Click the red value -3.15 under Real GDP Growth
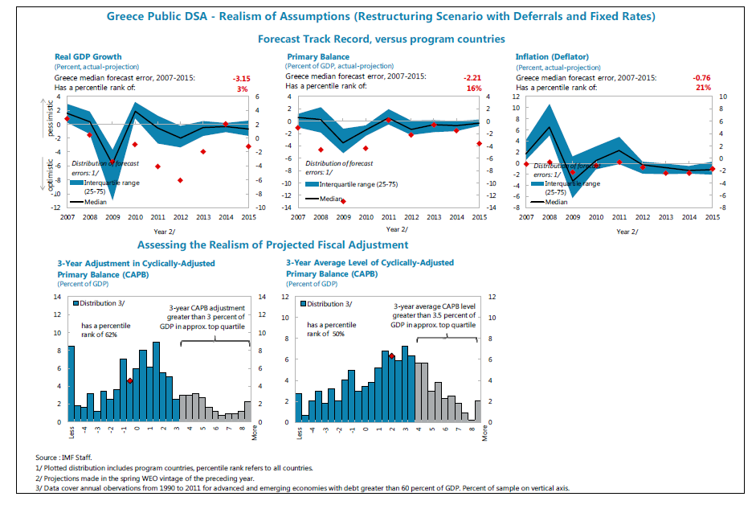click(x=242, y=79)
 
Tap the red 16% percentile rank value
click(x=474, y=88)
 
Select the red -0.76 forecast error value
click(x=701, y=78)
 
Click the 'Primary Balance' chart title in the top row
click(x=318, y=56)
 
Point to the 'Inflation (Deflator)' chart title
click(x=552, y=56)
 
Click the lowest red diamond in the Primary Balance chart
click(x=343, y=201)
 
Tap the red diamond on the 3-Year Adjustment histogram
click(x=129, y=381)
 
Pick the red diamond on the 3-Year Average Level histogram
click(x=392, y=356)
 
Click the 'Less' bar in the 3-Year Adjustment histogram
click(x=72, y=384)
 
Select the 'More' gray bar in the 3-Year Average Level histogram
click(x=478, y=411)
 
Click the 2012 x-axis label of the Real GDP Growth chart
click(x=181, y=217)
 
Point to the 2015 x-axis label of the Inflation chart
click(x=713, y=217)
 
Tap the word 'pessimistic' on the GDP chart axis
click(x=50, y=118)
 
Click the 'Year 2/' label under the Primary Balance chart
click(x=397, y=229)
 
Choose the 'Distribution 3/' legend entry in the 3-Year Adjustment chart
click(x=99, y=303)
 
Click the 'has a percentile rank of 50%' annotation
click(x=331, y=329)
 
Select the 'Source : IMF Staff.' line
click(x=63, y=458)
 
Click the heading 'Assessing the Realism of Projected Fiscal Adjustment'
click(x=273, y=244)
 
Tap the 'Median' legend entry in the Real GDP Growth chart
click(x=88, y=202)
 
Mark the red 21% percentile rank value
click(x=703, y=88)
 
